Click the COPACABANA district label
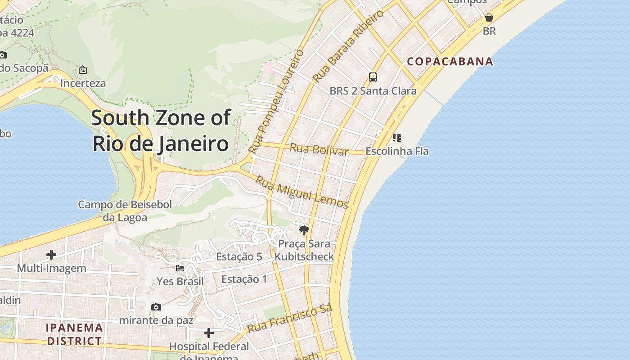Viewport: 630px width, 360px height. pyautogui.click(x=450, y=61)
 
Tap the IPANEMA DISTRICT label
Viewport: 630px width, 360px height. pyautogui.click(x=74, y=334)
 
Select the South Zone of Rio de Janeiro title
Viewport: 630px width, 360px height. pyautogui.click(x=161, y=130)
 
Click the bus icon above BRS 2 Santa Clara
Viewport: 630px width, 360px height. pyautogui.click(x=373, y=77)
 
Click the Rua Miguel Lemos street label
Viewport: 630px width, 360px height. pyautogui.click(x=301, y=193)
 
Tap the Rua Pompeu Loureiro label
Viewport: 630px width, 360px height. pyautogui.click(x=276, y=101)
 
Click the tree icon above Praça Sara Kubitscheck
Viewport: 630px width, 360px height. pyautogui.click(x=304, y=230)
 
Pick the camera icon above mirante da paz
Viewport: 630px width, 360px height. pyautogui.click(x=156, y=307)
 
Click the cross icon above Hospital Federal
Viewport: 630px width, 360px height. pyautogui.click(x=209, y=333)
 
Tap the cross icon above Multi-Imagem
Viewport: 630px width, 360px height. pyautogui.click(x=51, y=255)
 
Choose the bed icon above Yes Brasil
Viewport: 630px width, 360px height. pyautogui.click(x=180, y=268)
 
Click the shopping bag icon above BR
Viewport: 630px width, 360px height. pyautogui.click(x=489, y=18)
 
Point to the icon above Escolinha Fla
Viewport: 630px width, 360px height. pyautogui.click(x=396, y=137)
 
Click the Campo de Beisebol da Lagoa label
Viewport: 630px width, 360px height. pyautogui.click(x=125, y=211)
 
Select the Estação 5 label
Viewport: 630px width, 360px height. pyautogui.click(x=239, y=256)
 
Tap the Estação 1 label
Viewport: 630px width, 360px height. pyautogui.click(x=244, y=279)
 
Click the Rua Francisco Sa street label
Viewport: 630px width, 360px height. pyautogui.click(x=290, y=319)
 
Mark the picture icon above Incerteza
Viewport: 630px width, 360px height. pyautogui.click(x=83, y=70)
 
